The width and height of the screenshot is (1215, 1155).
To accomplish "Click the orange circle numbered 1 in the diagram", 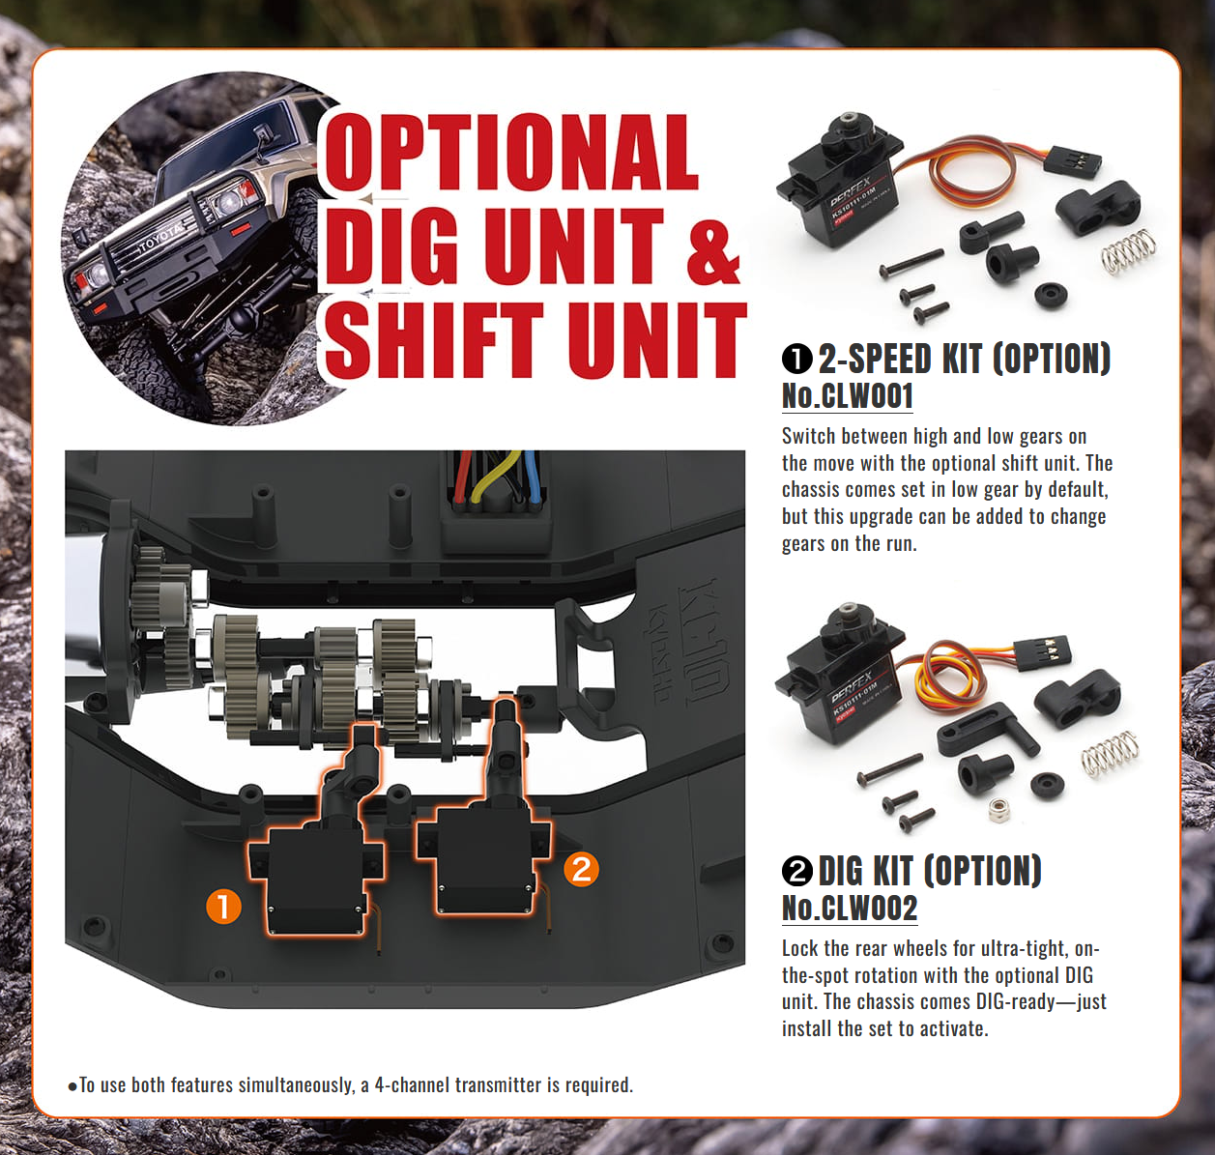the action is click(x=223, y=907).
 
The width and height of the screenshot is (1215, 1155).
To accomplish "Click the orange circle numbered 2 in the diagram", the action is click(x=582, y=869).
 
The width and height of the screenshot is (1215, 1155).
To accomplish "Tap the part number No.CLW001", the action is click(x=848, y=396).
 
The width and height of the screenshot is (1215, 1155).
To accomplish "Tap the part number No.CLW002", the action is click(x=850, y=908).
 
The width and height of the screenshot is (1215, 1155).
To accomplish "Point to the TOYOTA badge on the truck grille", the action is click(x=159, y=238).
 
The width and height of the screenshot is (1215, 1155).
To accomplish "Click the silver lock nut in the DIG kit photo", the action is click(x=999, y=809).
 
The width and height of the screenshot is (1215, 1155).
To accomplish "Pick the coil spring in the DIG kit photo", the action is click(x=1111, y=754).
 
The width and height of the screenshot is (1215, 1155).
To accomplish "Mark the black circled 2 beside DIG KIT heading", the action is click(x=796, y=871).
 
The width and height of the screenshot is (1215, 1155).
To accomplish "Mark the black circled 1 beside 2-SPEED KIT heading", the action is click(x=796, y=359).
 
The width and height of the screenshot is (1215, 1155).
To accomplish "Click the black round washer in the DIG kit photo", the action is click(x=1048, y=785).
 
